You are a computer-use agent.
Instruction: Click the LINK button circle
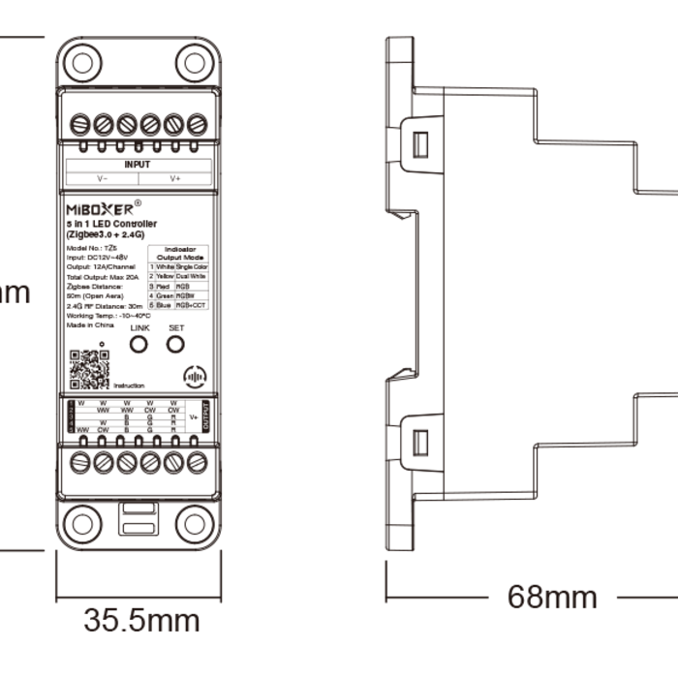point(140,346)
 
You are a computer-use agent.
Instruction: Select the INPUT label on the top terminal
point(138,165)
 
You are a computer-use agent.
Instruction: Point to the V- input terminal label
point(102,179)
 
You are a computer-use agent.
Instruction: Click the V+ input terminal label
point(175,179)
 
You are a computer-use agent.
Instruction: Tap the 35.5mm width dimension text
point(141,620)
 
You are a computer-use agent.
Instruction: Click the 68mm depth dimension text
point(553,597)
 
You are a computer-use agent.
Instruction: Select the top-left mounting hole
point(80,64)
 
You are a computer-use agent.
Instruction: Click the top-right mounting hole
point(196,64)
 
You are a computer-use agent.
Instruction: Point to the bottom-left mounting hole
point(80,523)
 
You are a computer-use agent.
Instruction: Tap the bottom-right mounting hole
point(196,523)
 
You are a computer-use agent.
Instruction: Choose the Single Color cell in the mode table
point(192,266)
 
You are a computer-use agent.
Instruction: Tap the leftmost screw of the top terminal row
point(80,124)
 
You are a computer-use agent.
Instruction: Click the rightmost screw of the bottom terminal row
point(197,462)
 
